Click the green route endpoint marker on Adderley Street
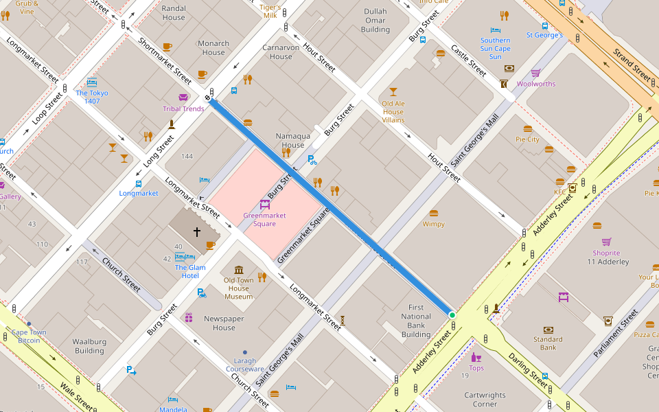click(x=452, y=315)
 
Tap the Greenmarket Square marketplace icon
click(x=264, y=204)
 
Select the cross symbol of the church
click(x=196, y=232)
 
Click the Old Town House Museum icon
click(x=239, y=270)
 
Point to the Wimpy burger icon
click(x=433, y=214)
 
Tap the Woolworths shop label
click(x=536, y=84)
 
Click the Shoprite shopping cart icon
click(x=606, y=242)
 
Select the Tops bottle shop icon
click(x=476, y=357)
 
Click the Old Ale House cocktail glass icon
click(x=393, y=91)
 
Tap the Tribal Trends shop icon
click(x=183, y=98)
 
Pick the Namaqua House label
click(x=293, y=140)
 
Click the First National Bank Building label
click(x=416, y=321)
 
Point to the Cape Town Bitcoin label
click(x=29, y=336)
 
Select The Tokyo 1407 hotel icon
click(x=92, y=82)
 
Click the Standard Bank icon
click(x=548, y=330)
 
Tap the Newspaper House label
click(x=224, y=323)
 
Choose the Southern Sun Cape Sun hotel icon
click(x=496, y=30)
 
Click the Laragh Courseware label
click(x=245, y=365)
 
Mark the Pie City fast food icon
click(x=528, y=128)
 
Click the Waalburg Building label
click(x=89, y=346)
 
